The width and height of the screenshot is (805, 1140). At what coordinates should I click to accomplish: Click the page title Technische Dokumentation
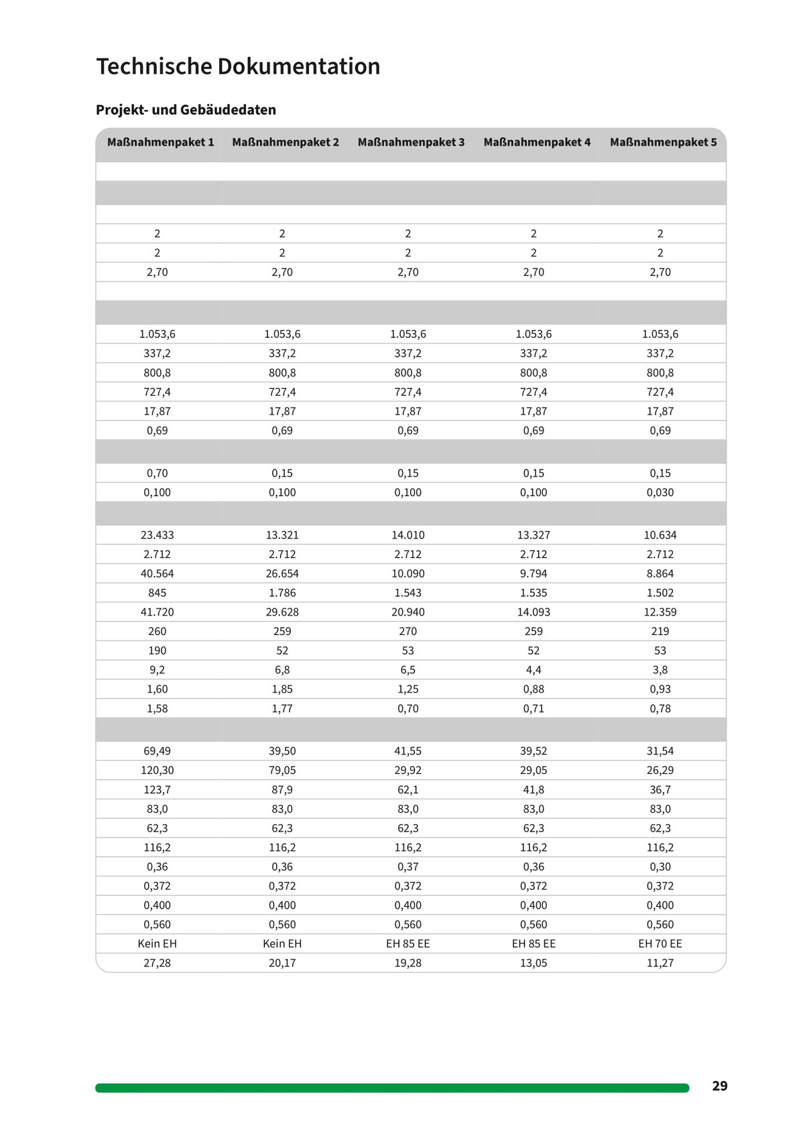(x=238, y=66)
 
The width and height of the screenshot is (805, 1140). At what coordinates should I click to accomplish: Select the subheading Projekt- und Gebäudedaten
(x=186, y=110)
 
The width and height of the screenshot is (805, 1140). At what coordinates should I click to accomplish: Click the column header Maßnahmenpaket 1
(x=160, y=142)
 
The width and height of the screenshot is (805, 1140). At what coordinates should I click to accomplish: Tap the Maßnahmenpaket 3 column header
(x=411, y=142)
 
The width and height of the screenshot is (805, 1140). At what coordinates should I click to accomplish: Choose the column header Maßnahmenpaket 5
(x=663, y=142)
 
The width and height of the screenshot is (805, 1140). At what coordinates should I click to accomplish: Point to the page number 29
(x=720, y=1086)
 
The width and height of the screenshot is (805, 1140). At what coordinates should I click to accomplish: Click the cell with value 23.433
(x=157, y=535)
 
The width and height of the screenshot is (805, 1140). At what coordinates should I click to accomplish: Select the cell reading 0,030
(x=660, y=492)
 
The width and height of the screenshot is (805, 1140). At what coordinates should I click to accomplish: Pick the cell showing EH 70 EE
(x=660, y=944)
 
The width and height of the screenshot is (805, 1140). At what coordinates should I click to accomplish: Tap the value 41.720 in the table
(x=157, y=612)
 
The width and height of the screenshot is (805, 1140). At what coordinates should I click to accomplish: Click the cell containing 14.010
(x=408, y=535)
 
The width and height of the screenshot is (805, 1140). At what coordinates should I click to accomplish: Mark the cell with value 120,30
(x=157, y=771)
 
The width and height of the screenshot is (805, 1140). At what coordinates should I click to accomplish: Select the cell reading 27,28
(x=157, y=963)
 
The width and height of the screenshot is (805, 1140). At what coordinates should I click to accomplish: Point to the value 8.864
(x=660, y=573)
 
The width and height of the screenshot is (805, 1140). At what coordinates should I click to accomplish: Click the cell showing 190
(x=157, y=650)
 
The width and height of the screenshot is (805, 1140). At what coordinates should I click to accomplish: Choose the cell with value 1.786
(x=282, y=593)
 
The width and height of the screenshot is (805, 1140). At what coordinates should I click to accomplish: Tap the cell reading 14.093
(x=534, y=612)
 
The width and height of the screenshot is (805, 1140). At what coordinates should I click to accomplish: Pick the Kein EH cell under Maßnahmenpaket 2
(x=282, y=944)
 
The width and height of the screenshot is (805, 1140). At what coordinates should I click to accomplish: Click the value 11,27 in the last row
(x=660, y=963)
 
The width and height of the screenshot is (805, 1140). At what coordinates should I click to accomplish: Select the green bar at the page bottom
(x=392, y=1088)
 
